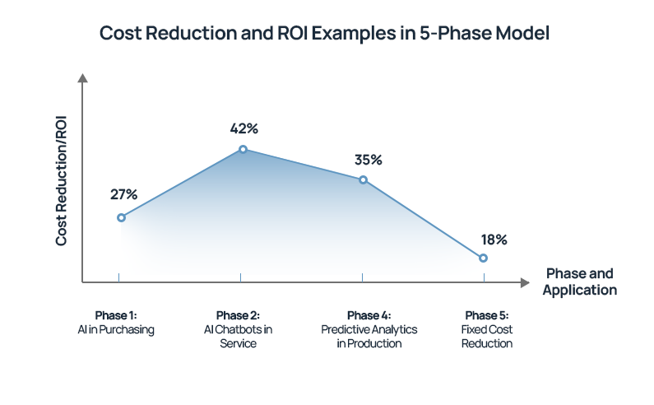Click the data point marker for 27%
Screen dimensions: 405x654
click(121, 217)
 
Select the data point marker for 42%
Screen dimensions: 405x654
click(243, 149)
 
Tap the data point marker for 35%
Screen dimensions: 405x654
click(363, 179)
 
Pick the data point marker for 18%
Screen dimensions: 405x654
click(483, 258)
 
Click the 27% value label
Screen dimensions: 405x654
click(123, 194)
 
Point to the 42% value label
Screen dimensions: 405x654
click(244, 128)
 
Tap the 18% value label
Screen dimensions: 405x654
click(494, 240)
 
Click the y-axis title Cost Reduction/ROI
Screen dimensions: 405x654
click(62, 179)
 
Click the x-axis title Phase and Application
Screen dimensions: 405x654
click(580, 282)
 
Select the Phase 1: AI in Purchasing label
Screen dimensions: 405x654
click(116, 323)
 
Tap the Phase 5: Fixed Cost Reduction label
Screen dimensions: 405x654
click(487, 329)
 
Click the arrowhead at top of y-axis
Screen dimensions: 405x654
click(82, 77)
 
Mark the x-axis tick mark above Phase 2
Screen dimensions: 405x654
click(240, 278)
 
